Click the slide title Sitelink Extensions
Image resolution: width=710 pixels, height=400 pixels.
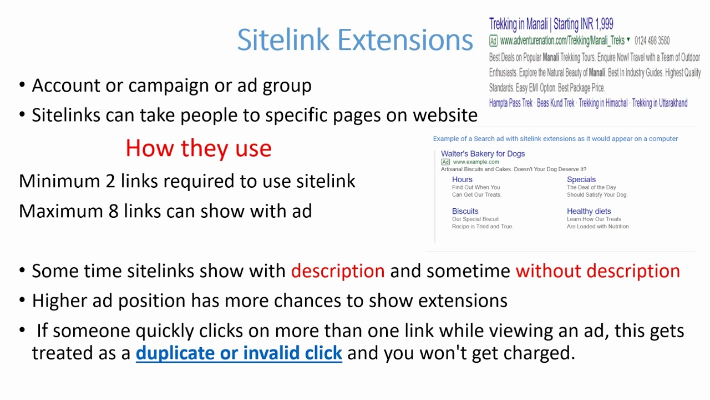pyautogui.click(x=354, y=40)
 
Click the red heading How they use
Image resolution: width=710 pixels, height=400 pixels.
pyautogui.click(x=198, y=148)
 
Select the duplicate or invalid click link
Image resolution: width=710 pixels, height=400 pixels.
pyautogui.click(x=239, y=353)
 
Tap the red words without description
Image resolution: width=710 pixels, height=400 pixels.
pyautogui.click(x=597, y=271)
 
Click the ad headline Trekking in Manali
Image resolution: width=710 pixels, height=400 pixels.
pyautogui.click(x=551, y=24)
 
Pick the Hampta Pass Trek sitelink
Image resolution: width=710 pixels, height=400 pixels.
pyautogui.click(x=511, y=103)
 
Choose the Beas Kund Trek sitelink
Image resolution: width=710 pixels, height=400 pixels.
pyautogui.click(x=555, y=103)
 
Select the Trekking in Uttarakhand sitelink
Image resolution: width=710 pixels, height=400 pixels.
pyautogui.click(x=660, y=103)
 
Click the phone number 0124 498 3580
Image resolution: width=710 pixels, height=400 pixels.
pyautogui.click(x=652, y=41)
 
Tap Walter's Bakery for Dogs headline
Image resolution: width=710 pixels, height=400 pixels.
pyautogui.click(x=483, y=154)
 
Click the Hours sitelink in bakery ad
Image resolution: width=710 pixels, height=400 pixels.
pyautogui.click(x=462, y=179)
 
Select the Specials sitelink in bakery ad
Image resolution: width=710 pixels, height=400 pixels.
pyautogui.click(x=581, y=179)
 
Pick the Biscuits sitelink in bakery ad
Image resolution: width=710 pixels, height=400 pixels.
pyautogui.click(x=465, y=211)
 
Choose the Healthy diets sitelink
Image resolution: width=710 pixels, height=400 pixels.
pyautogui.click(x=589, y=211)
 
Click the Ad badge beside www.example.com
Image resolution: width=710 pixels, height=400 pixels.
pyautogui.click(x=445, y=162)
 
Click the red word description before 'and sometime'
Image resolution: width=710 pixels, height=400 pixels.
pyautogui.click(x=337, y=271)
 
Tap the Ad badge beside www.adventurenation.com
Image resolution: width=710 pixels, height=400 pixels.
pyautogui.click(x=493, y=41)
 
